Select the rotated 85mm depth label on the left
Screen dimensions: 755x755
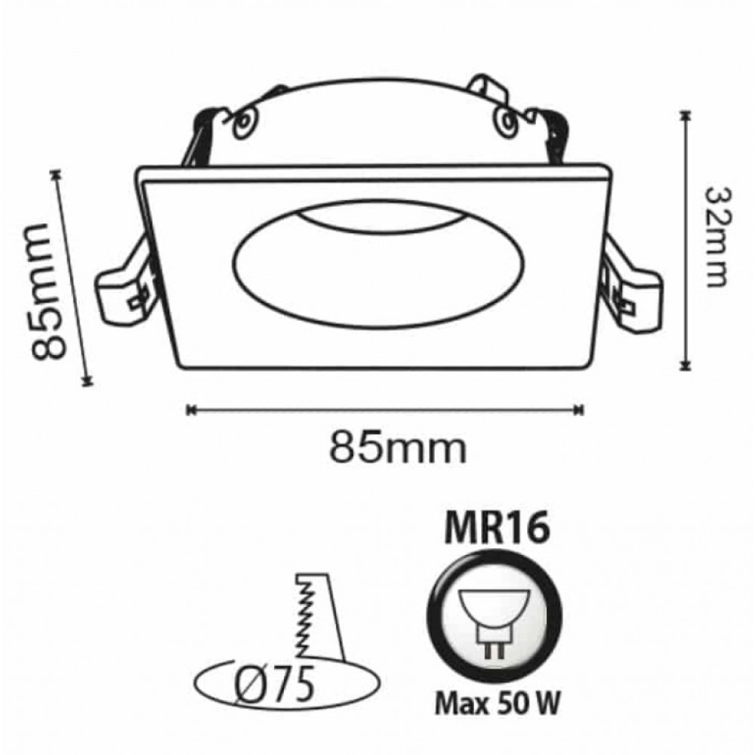(x=47, y=292)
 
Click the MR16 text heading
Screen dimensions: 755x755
(x=497, y=528)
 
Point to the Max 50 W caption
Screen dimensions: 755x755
(x=498, y=704)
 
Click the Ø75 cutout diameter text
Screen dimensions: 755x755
(x=274, y=684)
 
